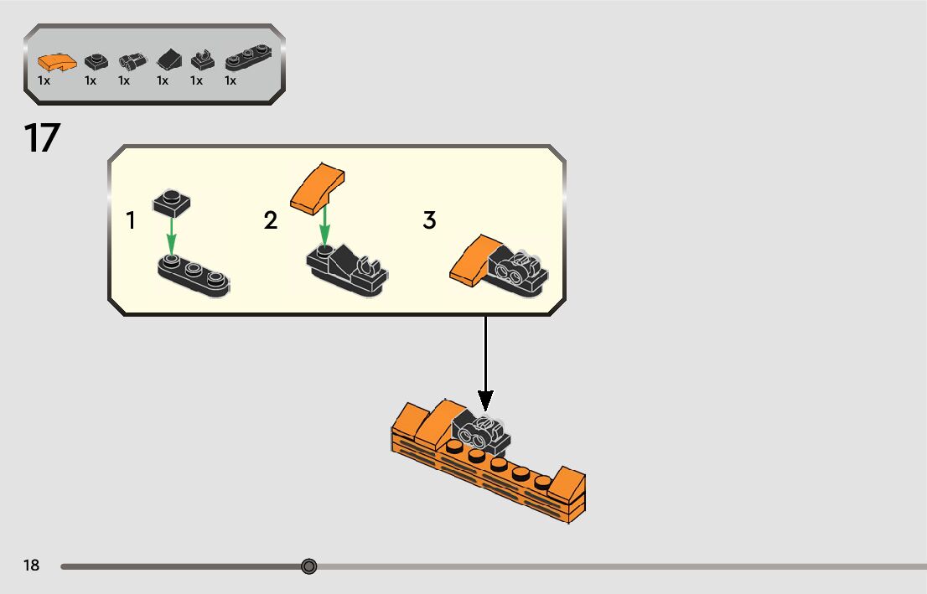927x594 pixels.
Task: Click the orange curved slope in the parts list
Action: coord(55,62)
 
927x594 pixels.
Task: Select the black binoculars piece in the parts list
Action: coord(129,62)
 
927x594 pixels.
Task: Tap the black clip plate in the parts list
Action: coord(201,61)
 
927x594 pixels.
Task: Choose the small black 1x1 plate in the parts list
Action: coord(96,61)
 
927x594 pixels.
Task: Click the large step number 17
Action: coord(42,138)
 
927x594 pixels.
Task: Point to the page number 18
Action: coord(31,566)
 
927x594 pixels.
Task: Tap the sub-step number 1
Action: coord(131,221)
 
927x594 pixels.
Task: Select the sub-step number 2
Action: coord(270,221)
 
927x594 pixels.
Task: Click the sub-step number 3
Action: coord(429,221)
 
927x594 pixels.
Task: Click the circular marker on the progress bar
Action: coord(309,566)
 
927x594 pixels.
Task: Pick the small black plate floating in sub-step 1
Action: coord(173,202)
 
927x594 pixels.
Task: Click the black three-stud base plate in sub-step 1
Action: coord(194,276)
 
